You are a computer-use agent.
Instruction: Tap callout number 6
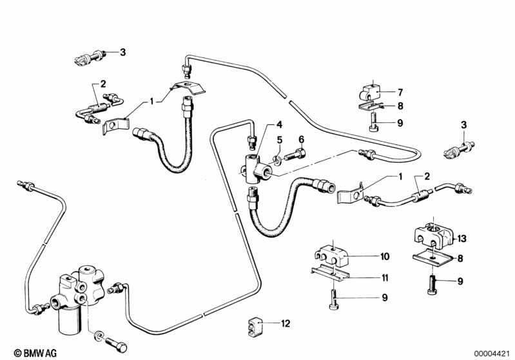[x=300, y=139]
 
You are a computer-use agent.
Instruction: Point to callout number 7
[x=400, y=91]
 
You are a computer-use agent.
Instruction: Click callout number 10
[x=385, y=256]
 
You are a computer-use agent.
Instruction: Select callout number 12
[x=286, y=323]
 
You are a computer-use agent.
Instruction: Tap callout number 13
[x=462, y=238]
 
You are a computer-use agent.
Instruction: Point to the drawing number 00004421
[x=495, y=353]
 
